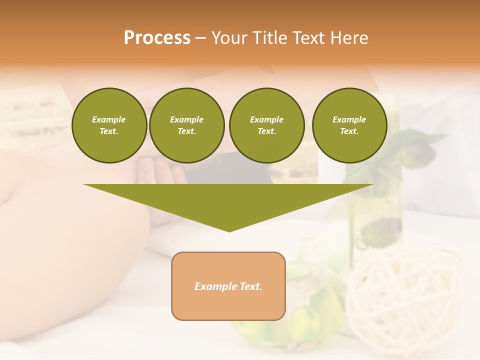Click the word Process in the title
coord(157,38)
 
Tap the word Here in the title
coord(349,38)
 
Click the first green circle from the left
coord(109,125)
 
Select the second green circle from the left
coord(187,125)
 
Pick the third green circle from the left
coord(266,125)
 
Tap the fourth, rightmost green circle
coord(349,125)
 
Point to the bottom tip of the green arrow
coord(229,231)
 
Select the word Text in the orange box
coord(251,286)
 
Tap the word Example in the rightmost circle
coord(349,119)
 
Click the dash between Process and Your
coord(200,38)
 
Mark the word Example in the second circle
coord(186,119)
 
